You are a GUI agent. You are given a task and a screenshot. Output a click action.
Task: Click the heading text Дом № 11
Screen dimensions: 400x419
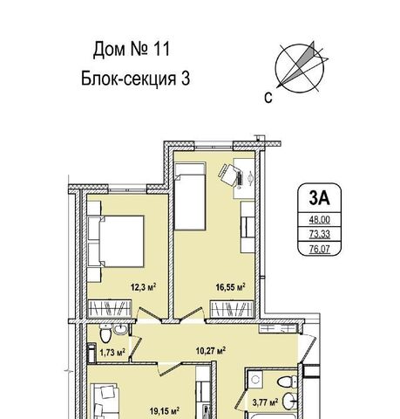pos(132,49)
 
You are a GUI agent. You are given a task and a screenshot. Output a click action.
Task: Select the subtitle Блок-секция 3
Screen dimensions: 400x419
pos(135,79)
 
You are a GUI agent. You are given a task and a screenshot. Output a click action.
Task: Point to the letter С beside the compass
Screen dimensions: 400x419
pos(268,98)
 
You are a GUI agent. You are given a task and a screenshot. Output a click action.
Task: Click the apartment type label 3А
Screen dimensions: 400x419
pos(319,198)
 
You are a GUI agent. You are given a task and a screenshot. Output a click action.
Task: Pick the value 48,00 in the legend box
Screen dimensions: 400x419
pos(319,220)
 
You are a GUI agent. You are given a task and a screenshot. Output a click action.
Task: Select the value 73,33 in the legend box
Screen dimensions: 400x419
pos(319,234)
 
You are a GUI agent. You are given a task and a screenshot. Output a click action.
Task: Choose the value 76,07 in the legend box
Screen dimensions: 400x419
pos(319,249)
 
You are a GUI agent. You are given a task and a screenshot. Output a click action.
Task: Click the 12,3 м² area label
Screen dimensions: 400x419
pos(143,287)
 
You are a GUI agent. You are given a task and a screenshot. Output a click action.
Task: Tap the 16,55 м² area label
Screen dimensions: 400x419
pos(230,287)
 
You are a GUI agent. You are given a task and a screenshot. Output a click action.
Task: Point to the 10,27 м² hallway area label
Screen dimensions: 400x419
pos(211,351)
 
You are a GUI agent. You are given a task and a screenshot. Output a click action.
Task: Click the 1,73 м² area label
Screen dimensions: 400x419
pos(112,353)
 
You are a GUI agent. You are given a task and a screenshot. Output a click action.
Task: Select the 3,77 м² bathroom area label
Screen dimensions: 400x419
pos(265,402)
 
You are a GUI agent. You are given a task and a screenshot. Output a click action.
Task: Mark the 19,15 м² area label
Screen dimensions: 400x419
pos(164,411)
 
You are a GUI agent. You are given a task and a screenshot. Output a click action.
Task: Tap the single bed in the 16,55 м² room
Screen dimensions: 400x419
pos(190,196)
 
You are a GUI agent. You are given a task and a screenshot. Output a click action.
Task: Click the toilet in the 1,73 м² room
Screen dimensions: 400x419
pos(105,333)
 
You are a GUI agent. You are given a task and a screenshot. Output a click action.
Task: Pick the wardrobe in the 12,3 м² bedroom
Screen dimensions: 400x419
pos(110,308)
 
